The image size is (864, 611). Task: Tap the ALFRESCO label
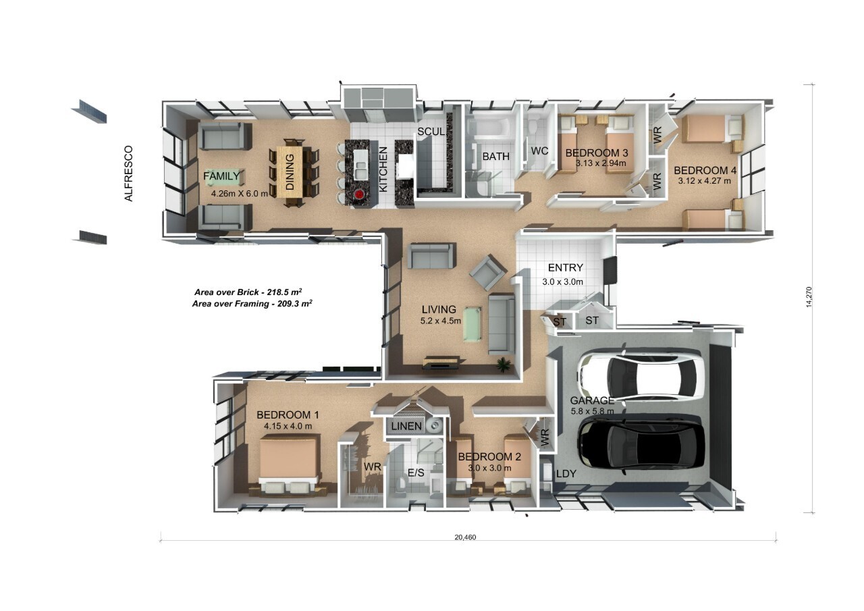click(128, 174)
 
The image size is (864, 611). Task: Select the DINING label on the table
click(290, 171)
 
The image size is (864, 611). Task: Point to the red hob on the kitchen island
click(360, 194)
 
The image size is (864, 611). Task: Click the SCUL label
click(431, 132)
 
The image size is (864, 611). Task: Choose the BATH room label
click(495, 156)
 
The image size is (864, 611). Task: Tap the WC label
click(539, 151)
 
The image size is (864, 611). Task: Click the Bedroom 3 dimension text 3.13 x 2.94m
click(601, 163)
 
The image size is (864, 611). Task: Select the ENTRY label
click(565, 267)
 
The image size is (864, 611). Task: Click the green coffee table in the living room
click(473, 324)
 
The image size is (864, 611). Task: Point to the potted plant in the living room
click(503, 364)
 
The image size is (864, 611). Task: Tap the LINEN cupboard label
click(406, 426)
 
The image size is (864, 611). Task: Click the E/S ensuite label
click(416, 473)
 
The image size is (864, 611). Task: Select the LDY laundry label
click(566, 474)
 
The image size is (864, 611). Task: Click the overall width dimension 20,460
click(465, 537)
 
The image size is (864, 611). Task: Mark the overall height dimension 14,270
click(809, 297)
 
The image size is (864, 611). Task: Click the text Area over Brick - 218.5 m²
click(248, 292)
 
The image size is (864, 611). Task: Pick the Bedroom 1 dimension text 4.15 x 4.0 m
click(288, 426)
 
